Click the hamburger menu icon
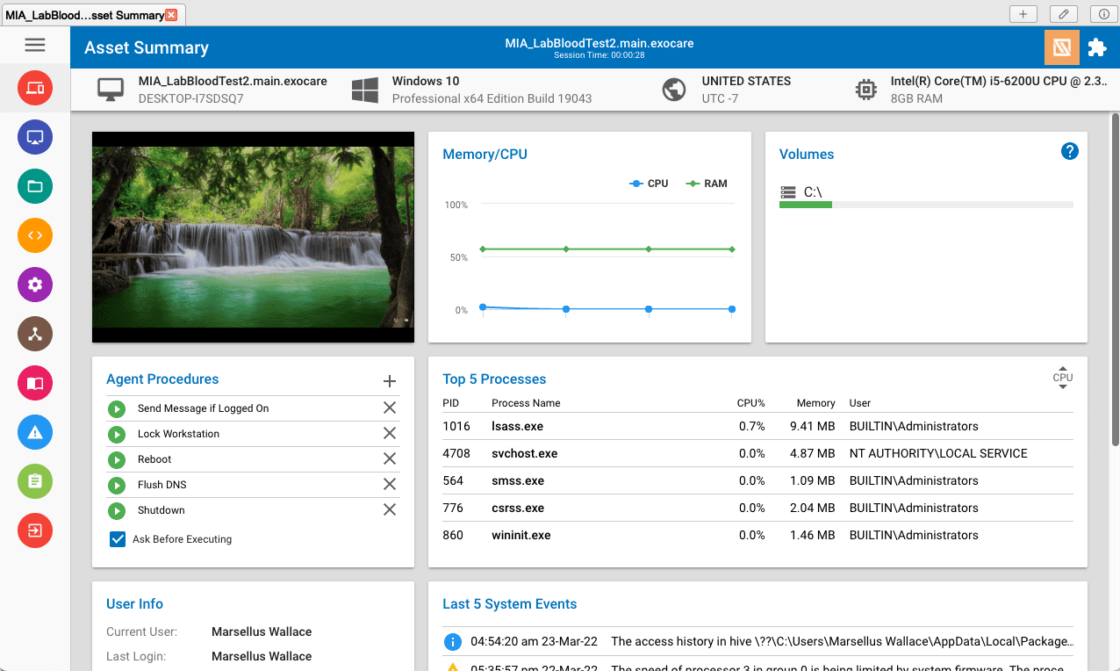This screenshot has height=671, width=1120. click(35, 46)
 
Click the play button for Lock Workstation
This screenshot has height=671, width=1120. click(117, 434)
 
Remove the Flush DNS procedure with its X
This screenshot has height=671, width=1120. click(390, 484)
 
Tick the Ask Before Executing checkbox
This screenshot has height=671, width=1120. click(118, 539)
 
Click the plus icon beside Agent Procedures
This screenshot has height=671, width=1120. click(390, 380)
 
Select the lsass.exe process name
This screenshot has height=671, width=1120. click(517, 426)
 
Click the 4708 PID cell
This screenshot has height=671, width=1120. click(456, 453)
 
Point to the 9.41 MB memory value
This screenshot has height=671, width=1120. click(812, 426)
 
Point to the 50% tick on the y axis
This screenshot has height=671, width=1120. click(458, 257)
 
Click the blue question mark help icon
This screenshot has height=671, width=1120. click(1069, 151)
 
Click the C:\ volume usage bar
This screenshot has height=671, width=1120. click(926, 205)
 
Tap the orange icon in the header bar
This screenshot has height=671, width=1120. click(1061, 47)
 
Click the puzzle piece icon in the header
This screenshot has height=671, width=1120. click(1097, 47)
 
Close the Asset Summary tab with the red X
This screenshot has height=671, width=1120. click(171, 15)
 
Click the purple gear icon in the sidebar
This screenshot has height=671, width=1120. click(35, 285)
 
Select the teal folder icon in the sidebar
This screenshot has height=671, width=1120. click(35, 186)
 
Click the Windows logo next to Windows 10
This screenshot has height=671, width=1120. click(364, 90)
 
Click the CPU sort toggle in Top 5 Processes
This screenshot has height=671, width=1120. click(1062, 378)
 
